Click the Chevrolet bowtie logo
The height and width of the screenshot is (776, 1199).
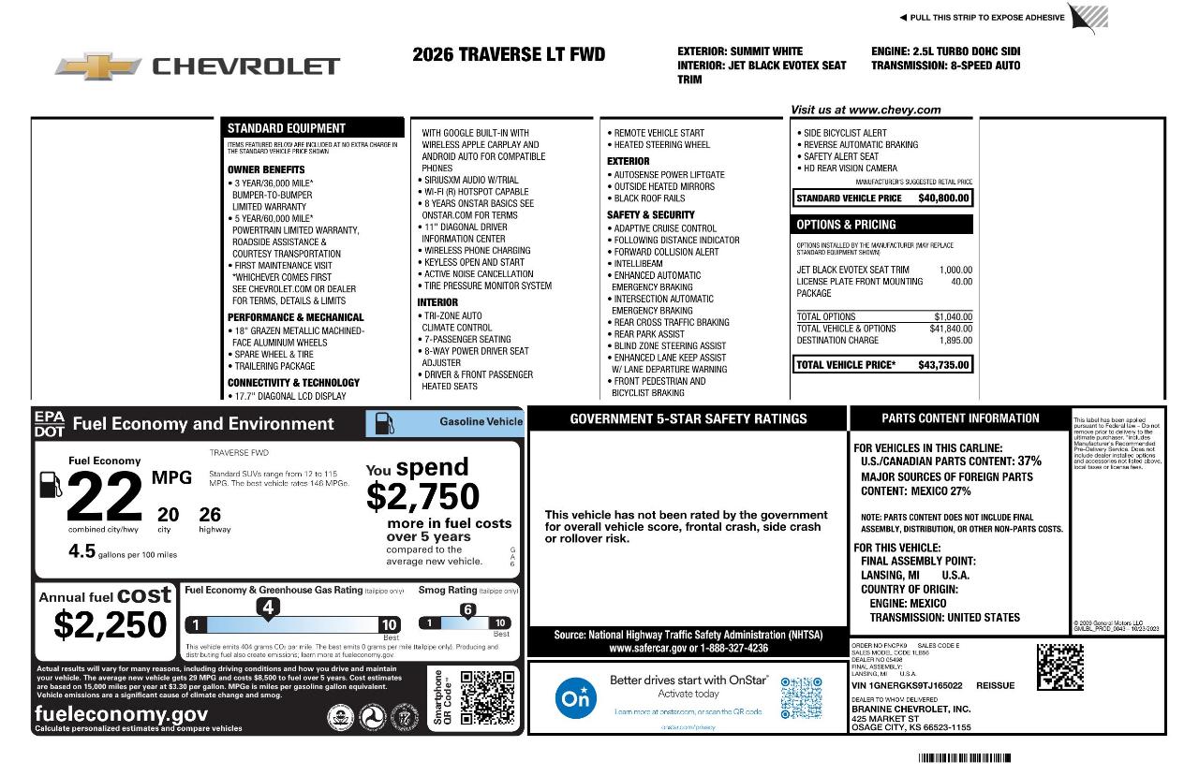[x=98, y=66]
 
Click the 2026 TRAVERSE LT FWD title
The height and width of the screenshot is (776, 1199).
[x=509, y=54]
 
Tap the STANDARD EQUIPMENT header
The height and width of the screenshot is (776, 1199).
[x=287, y=128]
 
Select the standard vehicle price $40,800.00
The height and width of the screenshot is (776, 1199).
[x=943, y=198]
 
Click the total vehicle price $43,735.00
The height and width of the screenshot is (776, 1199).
[x=943, y=365]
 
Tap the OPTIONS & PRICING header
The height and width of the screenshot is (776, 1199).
[x=846, y=225]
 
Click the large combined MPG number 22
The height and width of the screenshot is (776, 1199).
[x=105, y=498]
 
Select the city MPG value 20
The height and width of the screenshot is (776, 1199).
[x=168, y=515]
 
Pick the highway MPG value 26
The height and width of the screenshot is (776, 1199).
[x=210, y=515]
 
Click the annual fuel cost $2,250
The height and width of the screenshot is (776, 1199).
[x=111, y=624]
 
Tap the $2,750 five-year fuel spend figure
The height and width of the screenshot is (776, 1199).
[x=422, y=496]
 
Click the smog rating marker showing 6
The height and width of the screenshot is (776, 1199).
[x=467, y=610]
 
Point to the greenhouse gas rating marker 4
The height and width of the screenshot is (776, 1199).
[x=267, y=608]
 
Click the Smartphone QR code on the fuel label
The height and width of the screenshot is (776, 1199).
[x=487, y=697]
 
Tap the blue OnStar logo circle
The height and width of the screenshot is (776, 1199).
[x=575, y=698]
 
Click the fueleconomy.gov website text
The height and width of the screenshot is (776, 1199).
[x=121, y=714]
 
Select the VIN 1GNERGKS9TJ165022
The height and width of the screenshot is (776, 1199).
[x=907, y=685]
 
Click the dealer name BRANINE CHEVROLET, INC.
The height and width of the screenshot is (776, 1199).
[x=910, y=709]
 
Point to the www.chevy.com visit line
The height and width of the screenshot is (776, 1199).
[x=866, y=110]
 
